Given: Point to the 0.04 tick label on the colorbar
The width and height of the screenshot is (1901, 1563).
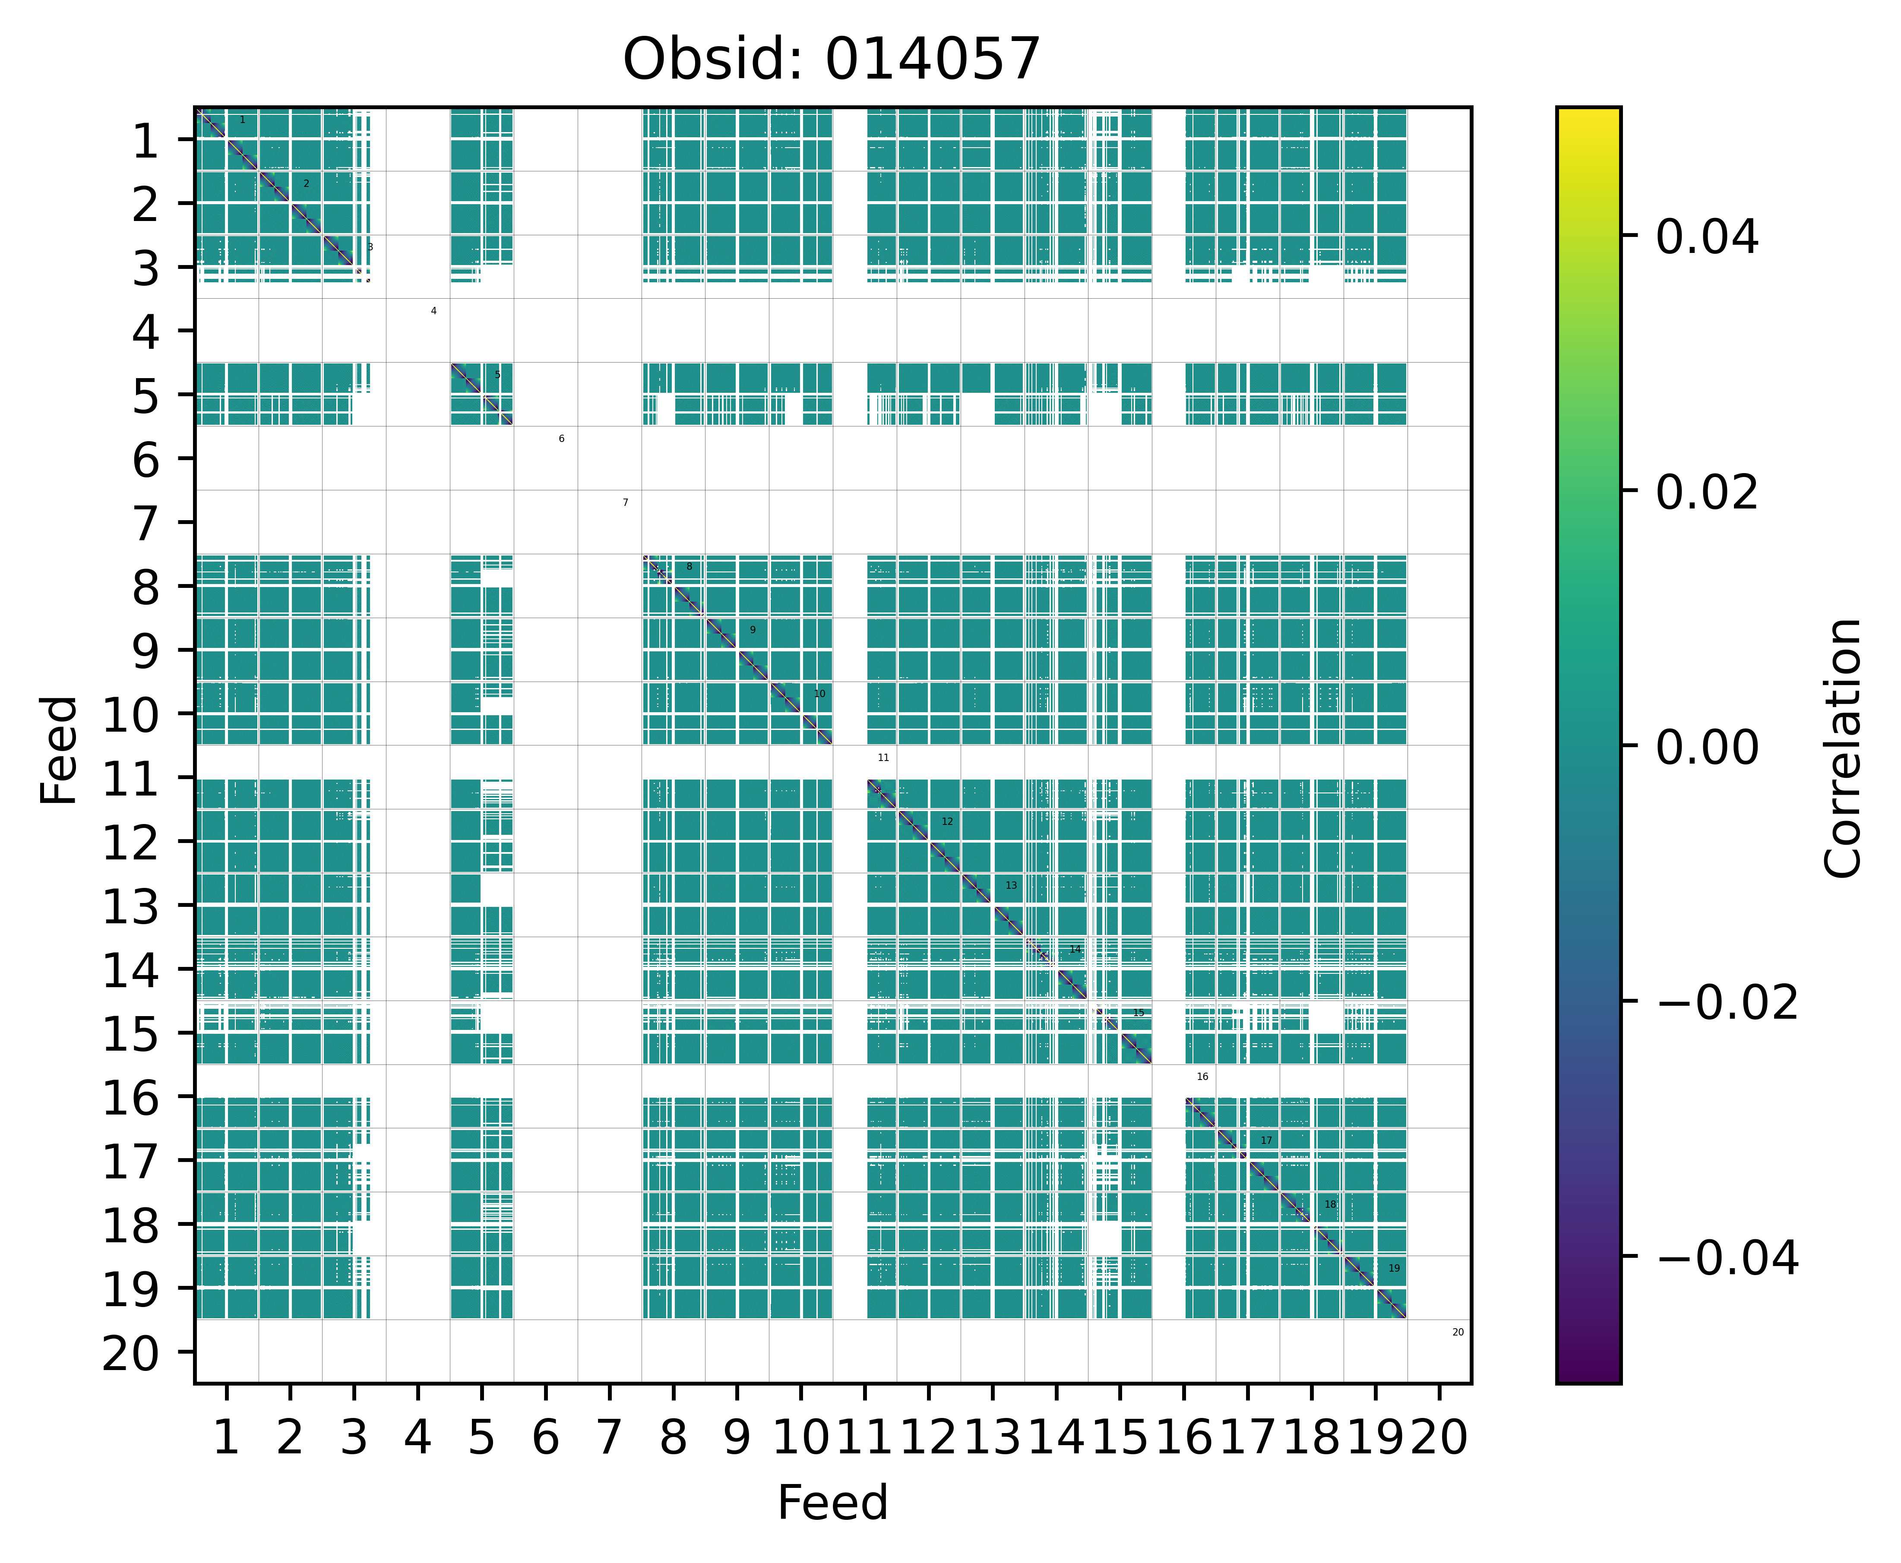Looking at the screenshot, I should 1706,238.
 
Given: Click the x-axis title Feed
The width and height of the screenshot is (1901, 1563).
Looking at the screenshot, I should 832,1503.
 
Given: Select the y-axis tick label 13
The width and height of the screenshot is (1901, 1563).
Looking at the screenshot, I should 132,906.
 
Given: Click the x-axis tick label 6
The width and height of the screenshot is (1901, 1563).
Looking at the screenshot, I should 545,1438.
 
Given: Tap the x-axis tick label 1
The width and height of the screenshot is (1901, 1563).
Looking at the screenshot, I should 226,1438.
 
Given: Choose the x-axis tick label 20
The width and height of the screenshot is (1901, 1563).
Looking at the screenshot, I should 1439,1438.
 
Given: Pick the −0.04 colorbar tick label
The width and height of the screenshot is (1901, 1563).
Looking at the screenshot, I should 1727,1258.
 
